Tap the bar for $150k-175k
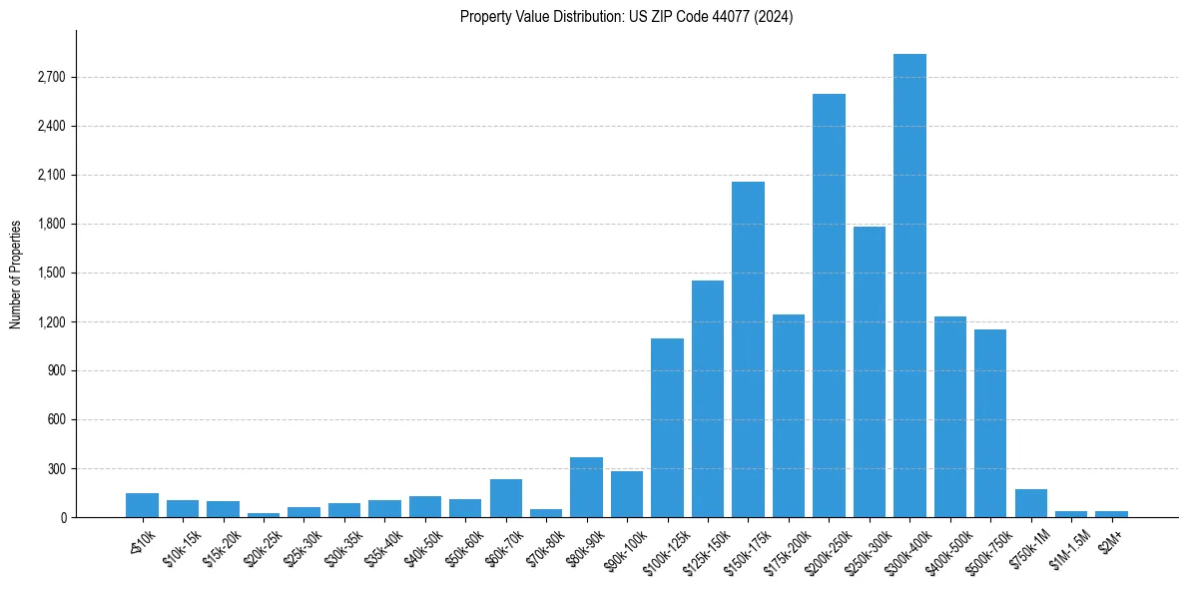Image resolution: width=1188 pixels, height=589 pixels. click(x=748, y=349)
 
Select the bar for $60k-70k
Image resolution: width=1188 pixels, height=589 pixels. click(x=505, y=498)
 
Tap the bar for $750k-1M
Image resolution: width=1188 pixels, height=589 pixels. click(x=1030, y=503)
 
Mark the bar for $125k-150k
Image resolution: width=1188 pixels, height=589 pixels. click(x=708, y=398)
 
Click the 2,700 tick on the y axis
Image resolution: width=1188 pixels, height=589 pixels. click(x=50, y=77)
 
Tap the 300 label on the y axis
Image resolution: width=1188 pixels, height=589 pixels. click(x=56, y=468)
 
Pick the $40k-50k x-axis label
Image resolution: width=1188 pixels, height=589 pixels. click(x=423, y=544)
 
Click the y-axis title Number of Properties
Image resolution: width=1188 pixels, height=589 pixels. click(x=16, y=274)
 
